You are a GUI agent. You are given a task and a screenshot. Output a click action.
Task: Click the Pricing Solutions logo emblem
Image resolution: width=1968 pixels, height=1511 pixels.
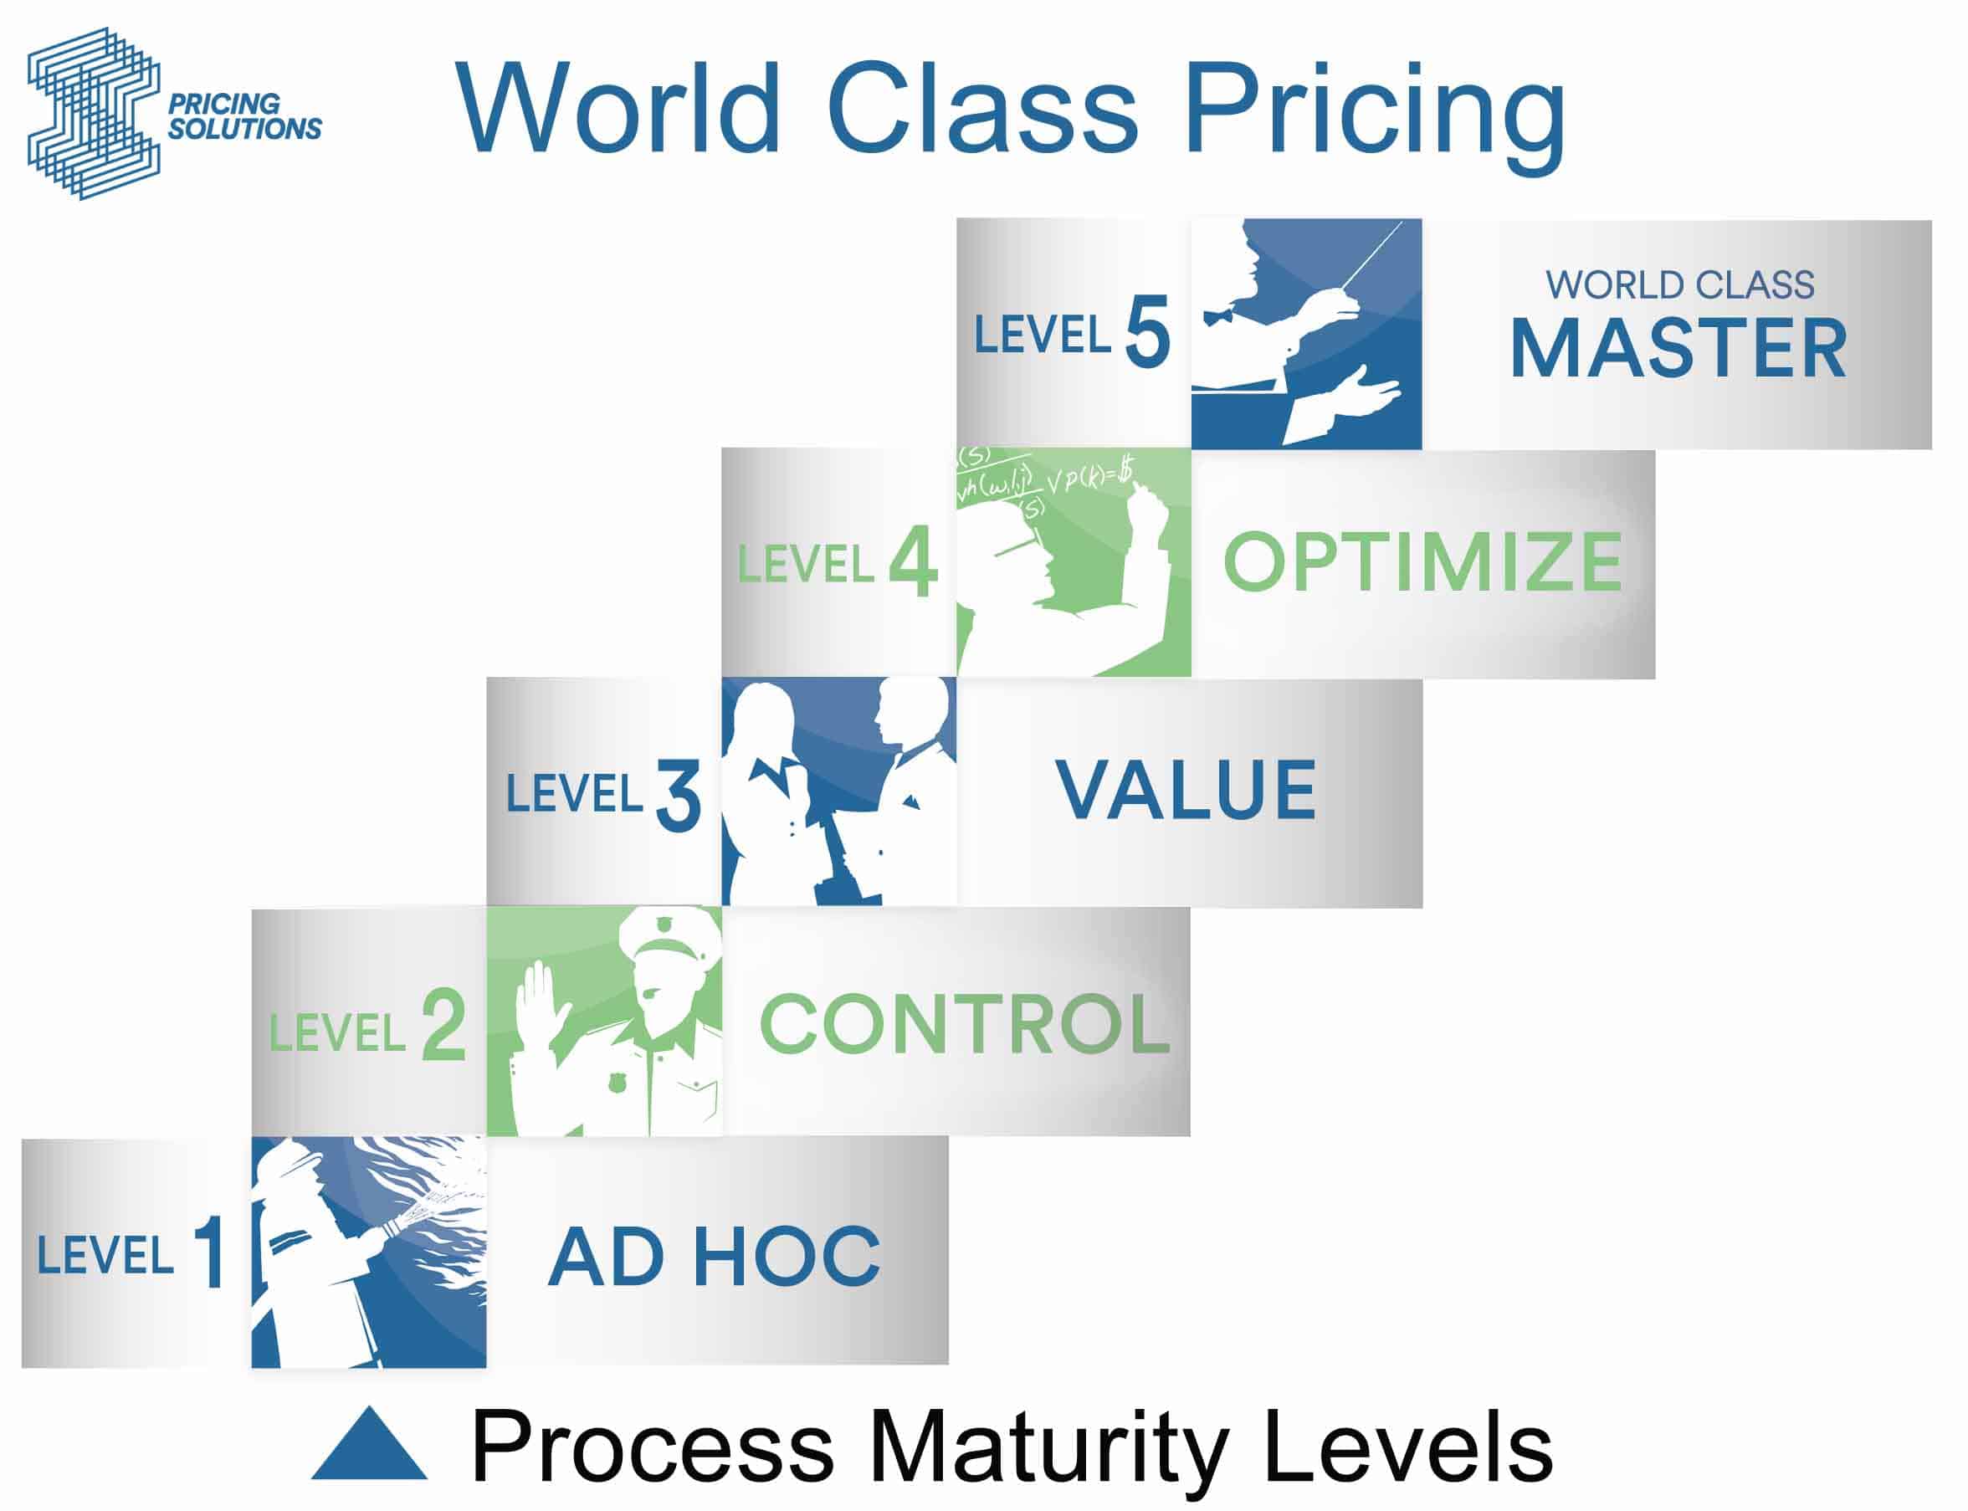[94, 113]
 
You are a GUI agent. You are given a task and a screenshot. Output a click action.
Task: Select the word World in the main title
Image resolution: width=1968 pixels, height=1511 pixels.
[617, 108]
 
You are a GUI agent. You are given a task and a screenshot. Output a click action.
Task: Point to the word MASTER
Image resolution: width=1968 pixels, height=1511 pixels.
[1678, 348]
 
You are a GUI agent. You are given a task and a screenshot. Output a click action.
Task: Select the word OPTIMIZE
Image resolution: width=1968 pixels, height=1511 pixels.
[1423, 561]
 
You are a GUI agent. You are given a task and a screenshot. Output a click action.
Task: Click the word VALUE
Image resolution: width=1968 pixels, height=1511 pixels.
[1186, 790]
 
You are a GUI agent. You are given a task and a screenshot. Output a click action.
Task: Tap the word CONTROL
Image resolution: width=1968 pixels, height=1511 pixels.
[965, 1022]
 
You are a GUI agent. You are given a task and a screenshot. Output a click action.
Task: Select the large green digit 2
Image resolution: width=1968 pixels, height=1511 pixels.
[443, 1024]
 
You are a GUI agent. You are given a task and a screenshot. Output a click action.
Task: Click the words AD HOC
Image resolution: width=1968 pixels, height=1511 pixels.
[715, 1257]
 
